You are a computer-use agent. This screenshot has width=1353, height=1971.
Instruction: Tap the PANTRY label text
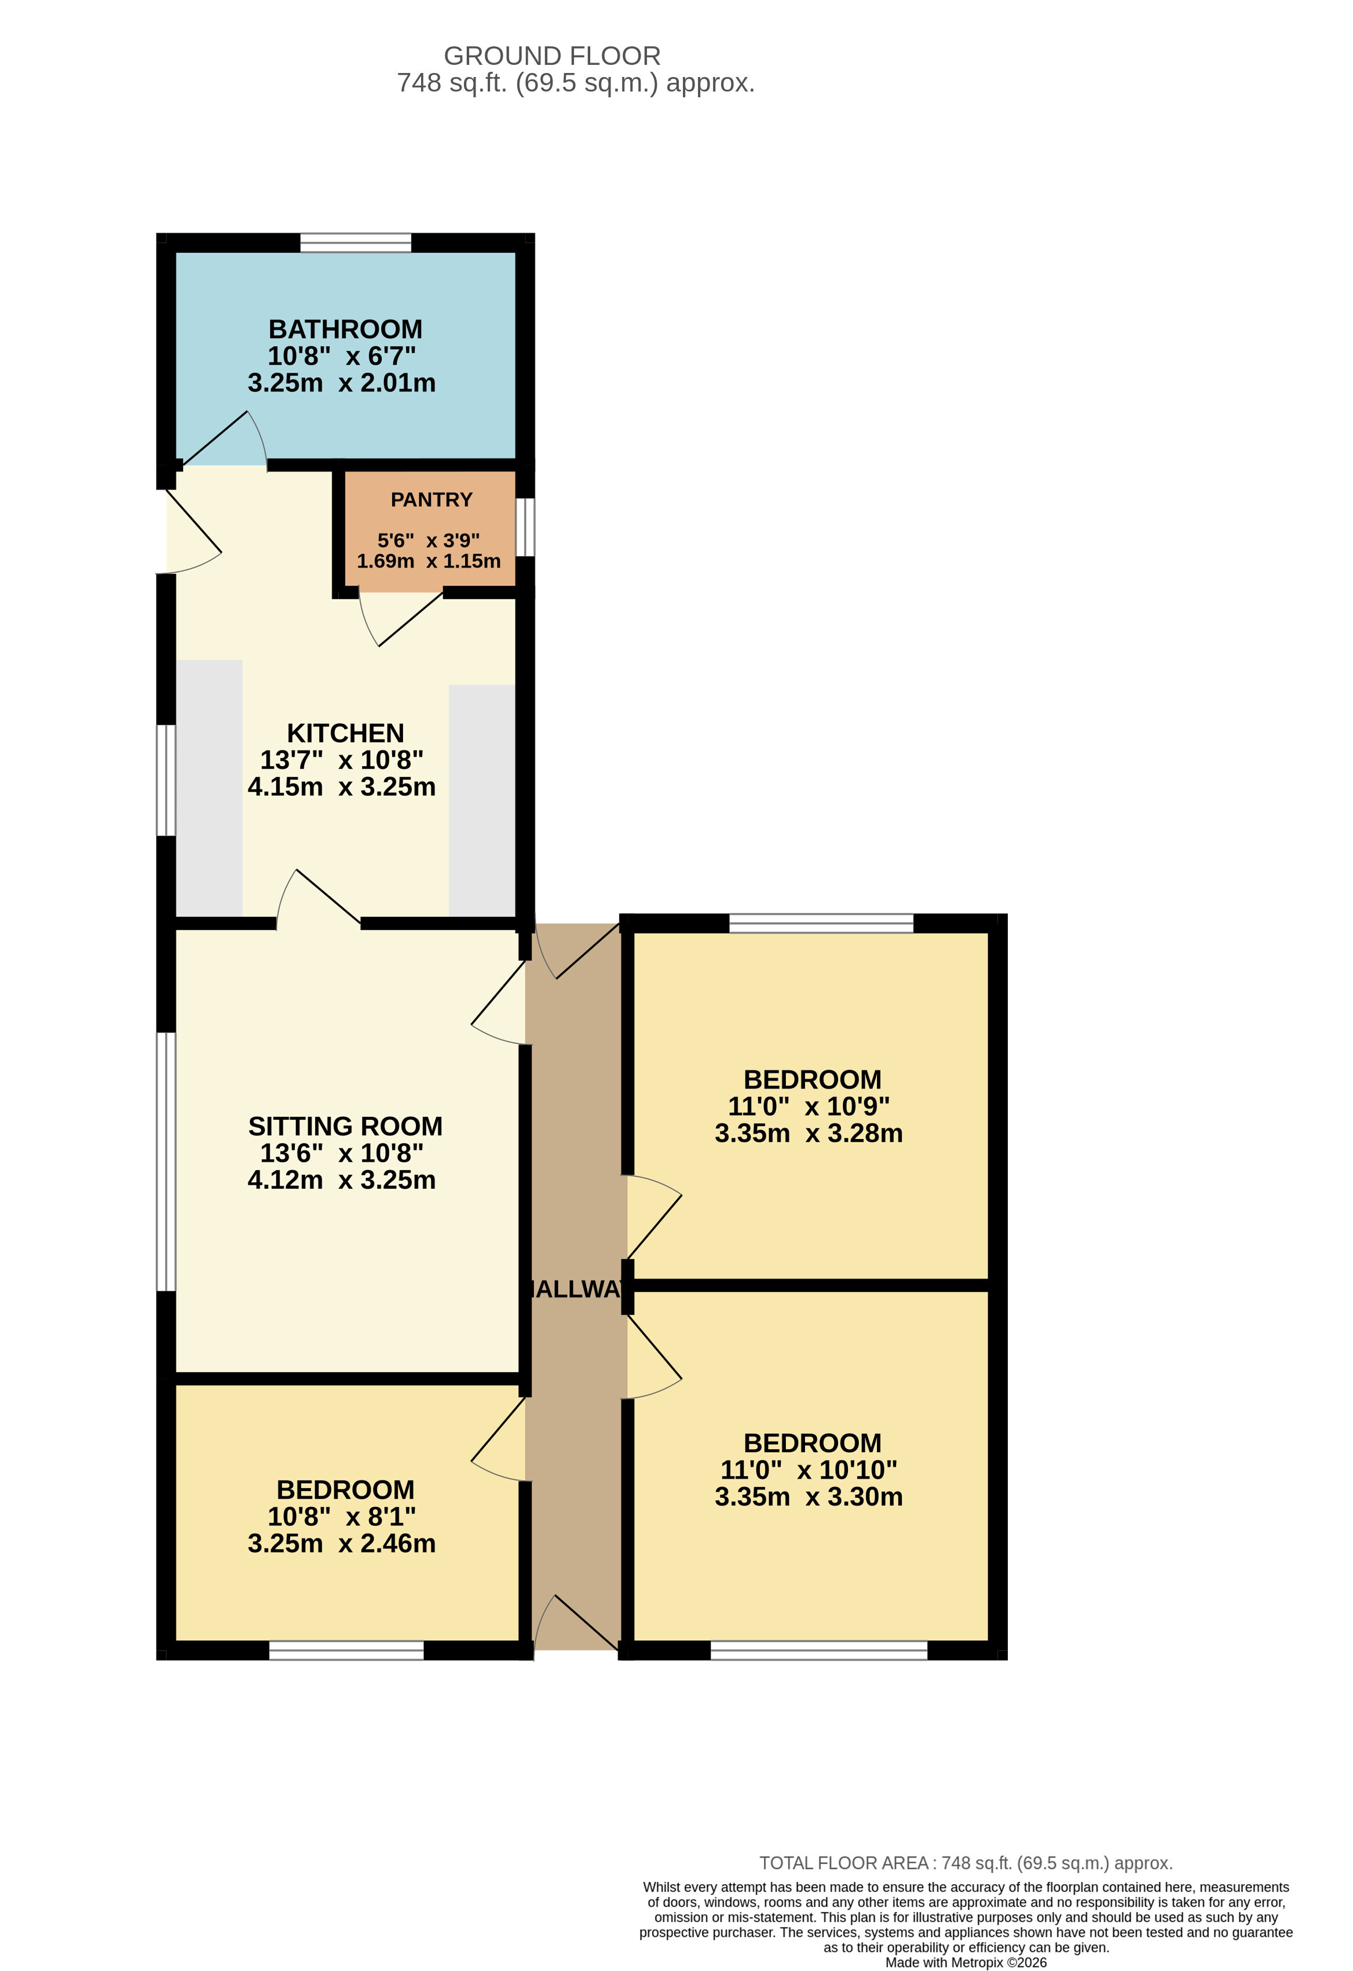click(x=431, y=500)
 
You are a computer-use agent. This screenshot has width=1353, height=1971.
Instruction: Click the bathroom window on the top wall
click(x=356, y=243)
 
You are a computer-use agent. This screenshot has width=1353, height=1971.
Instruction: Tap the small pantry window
click(x=525, y=527)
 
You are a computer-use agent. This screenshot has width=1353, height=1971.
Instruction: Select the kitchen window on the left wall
click(x=166, y=781)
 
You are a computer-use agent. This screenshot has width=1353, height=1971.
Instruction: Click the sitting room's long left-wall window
click(x=166, y=1162)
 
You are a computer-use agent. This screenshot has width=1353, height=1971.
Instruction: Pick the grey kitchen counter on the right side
click(x=482, y=801)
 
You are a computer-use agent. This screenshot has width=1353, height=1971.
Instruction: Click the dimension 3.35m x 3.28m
click(x=809, y=1133)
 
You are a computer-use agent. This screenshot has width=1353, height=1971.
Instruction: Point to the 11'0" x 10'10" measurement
click(x=809, y=1470)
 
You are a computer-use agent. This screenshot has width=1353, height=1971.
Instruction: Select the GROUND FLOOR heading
click(x=552, y=56)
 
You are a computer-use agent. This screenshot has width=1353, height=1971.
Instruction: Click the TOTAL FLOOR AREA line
click(x=966, y=1863)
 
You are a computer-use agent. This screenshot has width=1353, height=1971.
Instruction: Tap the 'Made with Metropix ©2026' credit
click(x=966, y=1962)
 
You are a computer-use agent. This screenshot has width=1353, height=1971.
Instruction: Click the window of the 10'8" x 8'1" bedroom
click(x=346, y=1650)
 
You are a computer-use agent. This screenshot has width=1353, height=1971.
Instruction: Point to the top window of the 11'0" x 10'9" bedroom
click(x=821, y=924)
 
